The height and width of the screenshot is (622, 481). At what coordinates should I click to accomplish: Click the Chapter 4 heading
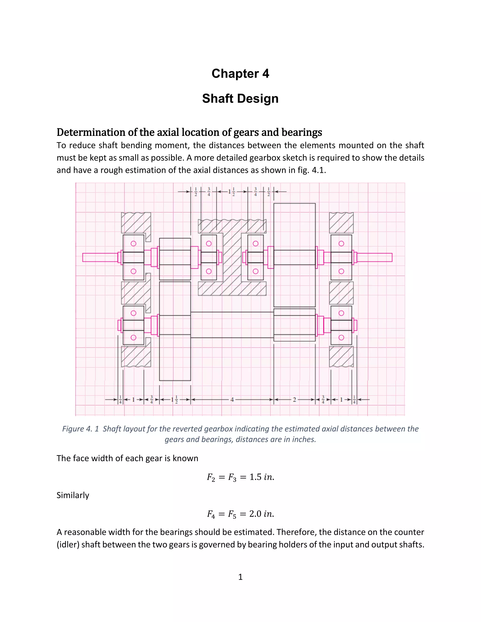(240, 74)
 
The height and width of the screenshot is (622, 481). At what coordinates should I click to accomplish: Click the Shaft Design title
(240, 99)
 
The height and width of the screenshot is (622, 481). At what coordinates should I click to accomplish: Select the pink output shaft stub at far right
(375, 257)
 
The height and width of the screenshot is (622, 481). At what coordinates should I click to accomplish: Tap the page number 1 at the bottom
(240, 577)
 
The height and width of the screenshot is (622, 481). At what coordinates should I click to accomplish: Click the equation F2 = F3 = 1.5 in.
(240, 477)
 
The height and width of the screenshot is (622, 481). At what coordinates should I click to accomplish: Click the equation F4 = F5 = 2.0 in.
(240, 514)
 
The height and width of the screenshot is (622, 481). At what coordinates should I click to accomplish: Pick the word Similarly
(73, 495)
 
